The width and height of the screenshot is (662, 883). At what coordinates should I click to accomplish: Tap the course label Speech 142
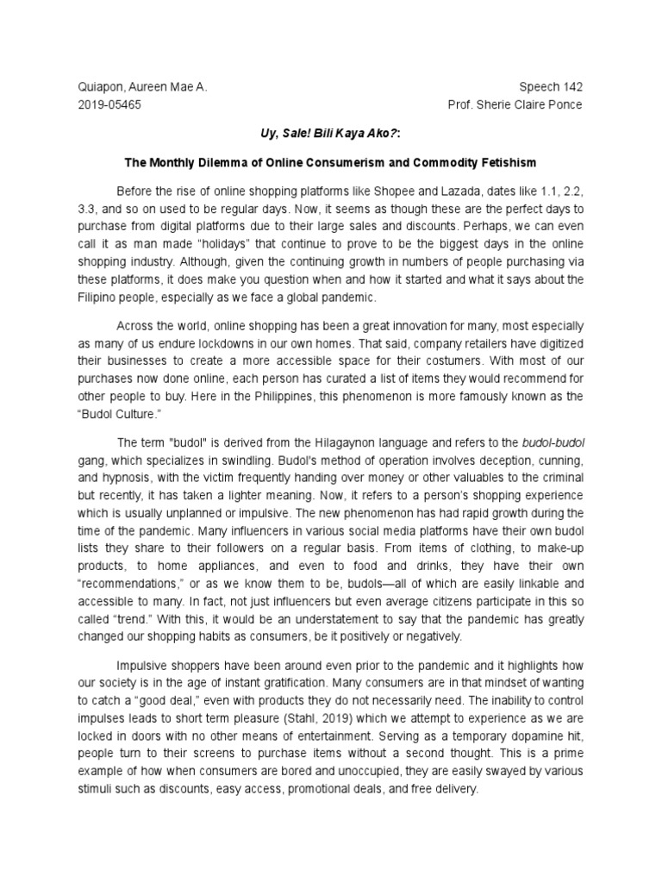click(x=553, y=88)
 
